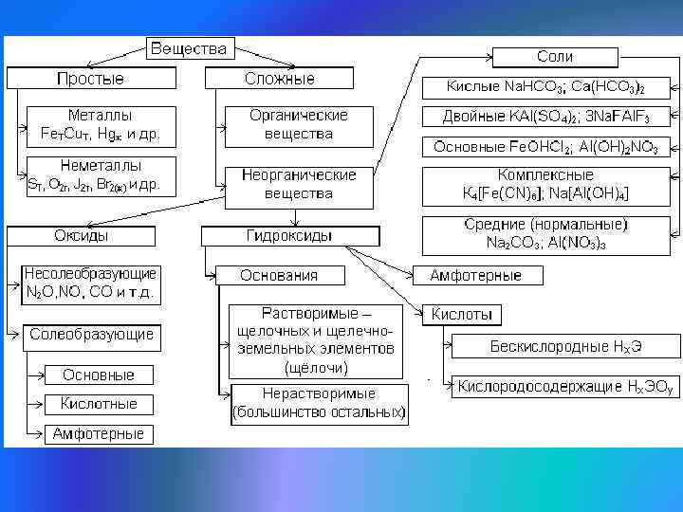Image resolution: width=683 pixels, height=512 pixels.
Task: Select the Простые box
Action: pyautogui.click(x=90, y=78)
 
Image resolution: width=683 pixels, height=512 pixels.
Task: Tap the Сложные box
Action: pyautogui.click(x=279, y=78)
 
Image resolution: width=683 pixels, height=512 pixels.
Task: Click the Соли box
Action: pyautogui.click(x=554, y=57)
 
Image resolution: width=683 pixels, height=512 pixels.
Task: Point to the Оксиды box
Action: pyautogui.click(x=81, y=234)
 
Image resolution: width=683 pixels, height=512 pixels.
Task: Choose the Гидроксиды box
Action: pyautogui.click(x=290, y=235)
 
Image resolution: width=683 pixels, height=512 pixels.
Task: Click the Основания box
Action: pyautogui.click(x=279, y=275)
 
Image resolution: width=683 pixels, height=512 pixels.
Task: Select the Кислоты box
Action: pyautogui.click(x=461, y=314)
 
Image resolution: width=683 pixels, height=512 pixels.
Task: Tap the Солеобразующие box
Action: pyautogui.click(x=91, y=335)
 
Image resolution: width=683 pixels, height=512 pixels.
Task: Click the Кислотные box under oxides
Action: pyautogui.click(x=99, y=404)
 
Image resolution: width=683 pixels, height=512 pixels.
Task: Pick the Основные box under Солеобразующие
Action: pyautogui.click(x=99, y=375)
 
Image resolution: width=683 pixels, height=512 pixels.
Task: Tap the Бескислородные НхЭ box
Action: pyautogui.click(x=566, y=346)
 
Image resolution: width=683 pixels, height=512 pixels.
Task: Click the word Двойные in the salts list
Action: pyautogui.click(x=474, y=118)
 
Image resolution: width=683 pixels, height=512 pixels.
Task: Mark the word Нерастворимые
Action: pyautogui.click(x=319, y=393)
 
